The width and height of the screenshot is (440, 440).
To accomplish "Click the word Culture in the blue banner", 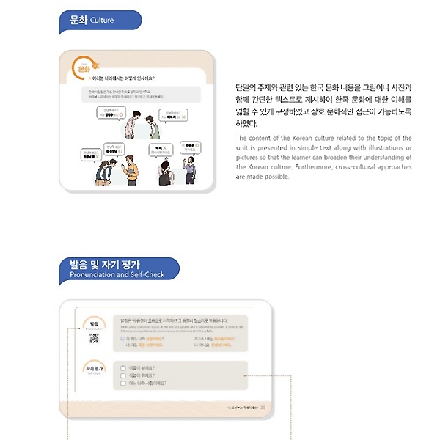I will pos(102,21).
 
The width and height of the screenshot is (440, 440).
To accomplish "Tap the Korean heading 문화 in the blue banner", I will pos(78,20).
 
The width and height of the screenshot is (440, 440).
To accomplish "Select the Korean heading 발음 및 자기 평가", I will pos(105,264).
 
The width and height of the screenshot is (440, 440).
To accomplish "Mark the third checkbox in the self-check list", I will pos(123,383).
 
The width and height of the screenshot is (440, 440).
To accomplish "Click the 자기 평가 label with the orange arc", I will pos(94,369).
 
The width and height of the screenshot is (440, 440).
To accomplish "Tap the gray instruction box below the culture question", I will pos(139,94).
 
